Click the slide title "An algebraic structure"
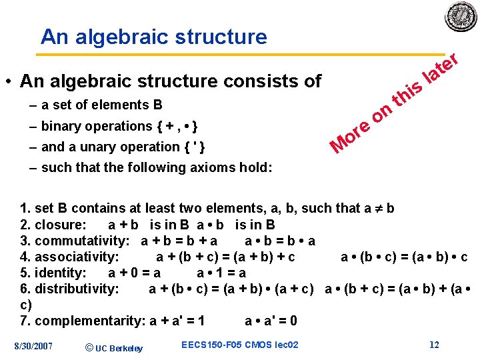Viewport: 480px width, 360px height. click(153, 37)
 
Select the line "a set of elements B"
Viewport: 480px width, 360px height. click(101, 105)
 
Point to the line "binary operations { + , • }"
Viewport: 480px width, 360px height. click(118, 126)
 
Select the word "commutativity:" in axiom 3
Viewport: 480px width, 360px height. click(85, 241)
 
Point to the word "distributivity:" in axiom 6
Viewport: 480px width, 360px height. click(77, 289)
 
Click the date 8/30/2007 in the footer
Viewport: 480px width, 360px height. click(33, 345)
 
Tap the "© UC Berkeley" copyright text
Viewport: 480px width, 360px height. click(115, 347)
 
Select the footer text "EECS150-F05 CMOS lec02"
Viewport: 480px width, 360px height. click(239, 345)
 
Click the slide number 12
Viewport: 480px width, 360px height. click(434, 345)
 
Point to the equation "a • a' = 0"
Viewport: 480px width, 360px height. click(271, 321)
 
